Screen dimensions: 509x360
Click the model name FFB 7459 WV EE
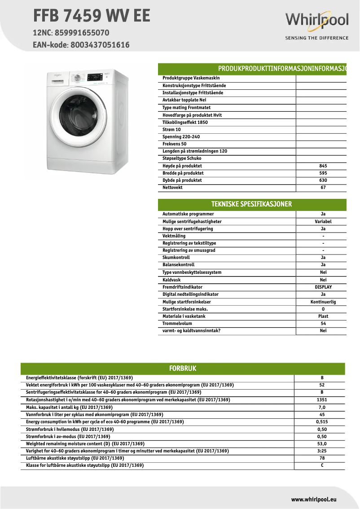pos(92,16)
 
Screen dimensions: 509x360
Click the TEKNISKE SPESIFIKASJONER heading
pos(251,204)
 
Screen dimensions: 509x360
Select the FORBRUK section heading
pos(182,369)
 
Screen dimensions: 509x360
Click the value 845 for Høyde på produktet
pos(323,166)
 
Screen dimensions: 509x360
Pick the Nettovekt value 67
pos(323,188)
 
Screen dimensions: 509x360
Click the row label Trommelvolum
pos(177,323)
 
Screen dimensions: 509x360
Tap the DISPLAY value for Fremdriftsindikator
pos(323,287)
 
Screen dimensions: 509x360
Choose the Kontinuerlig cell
pos(323,302)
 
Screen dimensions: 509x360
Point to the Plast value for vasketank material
pos(323,316)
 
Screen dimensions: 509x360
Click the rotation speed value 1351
pos(322,400)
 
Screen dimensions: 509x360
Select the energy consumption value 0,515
pos(322,422)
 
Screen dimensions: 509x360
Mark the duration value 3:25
pos(322,451)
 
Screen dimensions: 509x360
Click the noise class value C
pos(322,465)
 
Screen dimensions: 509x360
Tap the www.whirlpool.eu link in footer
pos(314,499)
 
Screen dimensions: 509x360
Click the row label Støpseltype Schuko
pos(182,158)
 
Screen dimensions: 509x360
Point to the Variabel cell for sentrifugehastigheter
pos(323,221)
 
